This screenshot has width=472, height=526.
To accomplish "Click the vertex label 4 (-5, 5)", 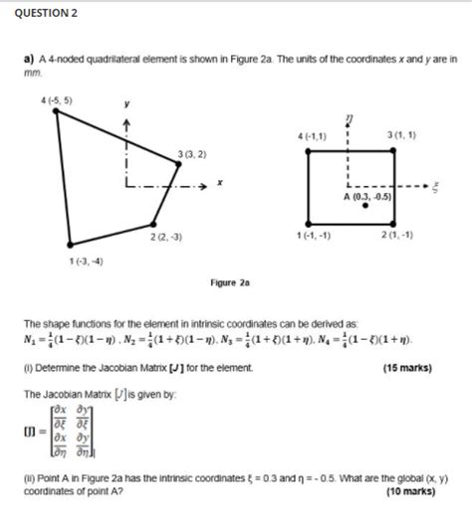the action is (x=57, y=99).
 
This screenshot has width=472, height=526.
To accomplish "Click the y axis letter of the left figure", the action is (x=127, y=103).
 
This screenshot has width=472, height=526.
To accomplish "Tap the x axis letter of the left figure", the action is (x=219, y=185).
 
